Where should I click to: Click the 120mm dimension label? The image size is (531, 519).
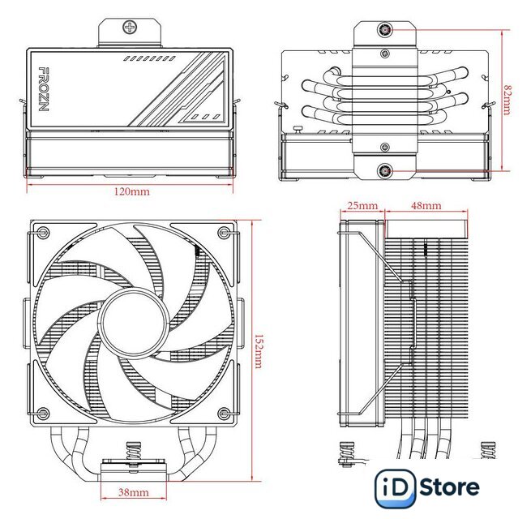coord(131,191)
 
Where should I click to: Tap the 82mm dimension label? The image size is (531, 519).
coord(507,101)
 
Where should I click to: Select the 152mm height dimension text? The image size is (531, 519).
coord(258,351)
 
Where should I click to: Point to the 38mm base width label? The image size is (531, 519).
coord(134,492)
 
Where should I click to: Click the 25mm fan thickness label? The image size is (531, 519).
coord(362,205)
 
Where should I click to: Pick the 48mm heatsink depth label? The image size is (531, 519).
coord(426,205)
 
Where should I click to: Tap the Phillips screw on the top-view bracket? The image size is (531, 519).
coord(130,27)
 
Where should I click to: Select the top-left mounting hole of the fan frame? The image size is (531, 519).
coord(43,233)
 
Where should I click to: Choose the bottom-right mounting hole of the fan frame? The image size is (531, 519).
coord(224,413)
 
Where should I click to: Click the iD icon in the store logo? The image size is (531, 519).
coord(396,488)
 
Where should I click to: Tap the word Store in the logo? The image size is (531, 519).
coord(449,487)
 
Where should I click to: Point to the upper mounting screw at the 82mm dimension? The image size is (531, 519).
coord(385,30)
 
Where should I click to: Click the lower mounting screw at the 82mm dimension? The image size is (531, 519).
coord(385,171)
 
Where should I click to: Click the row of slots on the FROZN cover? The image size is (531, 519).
coord(149,58)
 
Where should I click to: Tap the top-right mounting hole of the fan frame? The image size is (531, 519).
coord(224,233)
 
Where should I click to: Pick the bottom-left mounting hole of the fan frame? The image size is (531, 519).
coord(43,413)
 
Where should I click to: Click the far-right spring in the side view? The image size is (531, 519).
coord(488,450)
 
